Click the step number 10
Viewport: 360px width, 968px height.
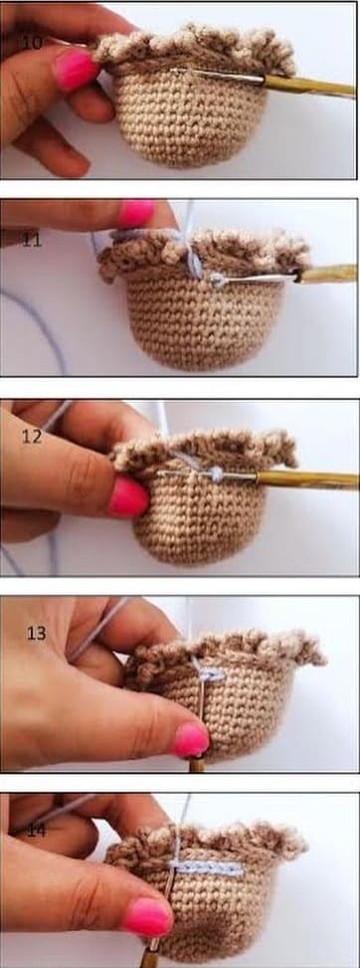click(x=32, y=42)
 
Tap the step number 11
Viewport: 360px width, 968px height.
click(x=32, y=240)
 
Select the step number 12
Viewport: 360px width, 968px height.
click(x=33, y=437)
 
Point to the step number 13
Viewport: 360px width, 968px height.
click(x=37, y=633)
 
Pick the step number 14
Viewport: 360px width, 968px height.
click(x=35, y=828)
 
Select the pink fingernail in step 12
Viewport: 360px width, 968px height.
click(x=128, y=495)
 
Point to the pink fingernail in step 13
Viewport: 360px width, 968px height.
click(x=191, y=738)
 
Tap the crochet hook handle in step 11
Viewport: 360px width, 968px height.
click(x=328, y=274)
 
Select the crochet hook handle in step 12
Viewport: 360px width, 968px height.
click(x=308, y=480)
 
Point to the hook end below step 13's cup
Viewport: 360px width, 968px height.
click(x=197, y=764)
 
